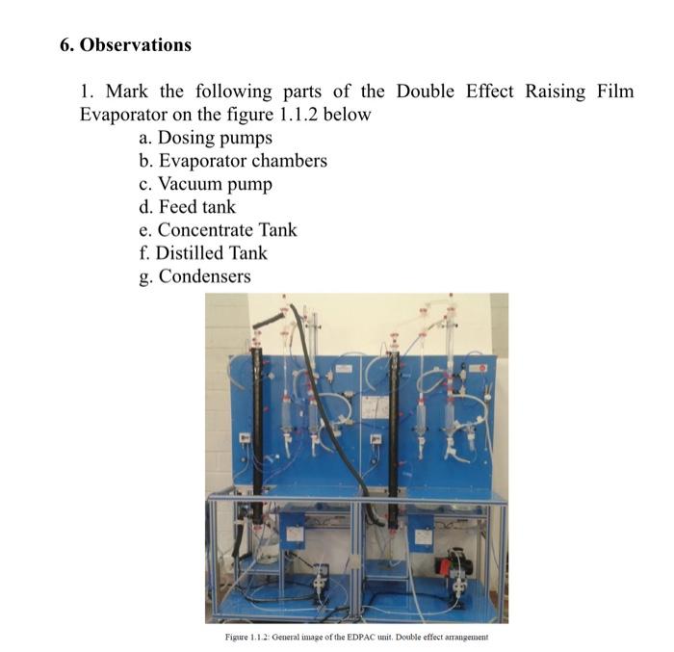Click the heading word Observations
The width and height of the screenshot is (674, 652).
pyautogui.click(x=135, y=45)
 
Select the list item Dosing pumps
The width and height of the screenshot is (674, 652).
pyautogui.click(x=215, y=138)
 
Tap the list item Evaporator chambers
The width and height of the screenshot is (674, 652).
pyautogui.click(x=242, y=161)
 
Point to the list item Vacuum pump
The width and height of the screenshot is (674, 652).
pyautogui.click(x=215, y=184)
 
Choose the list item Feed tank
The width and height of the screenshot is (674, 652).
pyautogui.click(x=196, y=207)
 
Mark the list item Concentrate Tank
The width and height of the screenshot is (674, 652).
pyautogui.click(x=227, y=230)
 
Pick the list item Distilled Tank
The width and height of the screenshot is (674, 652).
pyautogui.click(x=212, y=253)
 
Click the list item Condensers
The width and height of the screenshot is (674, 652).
pyautogui.click(x=204, y=276)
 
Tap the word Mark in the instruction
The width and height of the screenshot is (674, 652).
pyautogui.click(x=127, y=91)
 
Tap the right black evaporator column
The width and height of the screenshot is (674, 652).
pyautogui.click(x=393, y=414)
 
